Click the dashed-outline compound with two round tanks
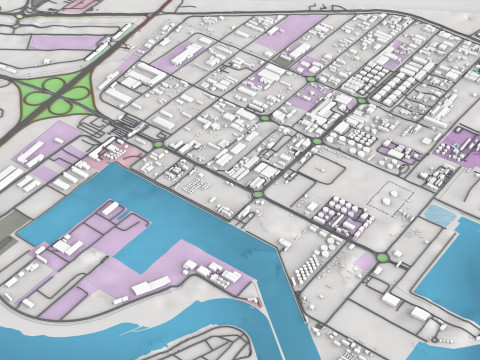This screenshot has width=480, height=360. coord(393,198)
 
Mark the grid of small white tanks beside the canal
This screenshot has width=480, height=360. coord(310,264)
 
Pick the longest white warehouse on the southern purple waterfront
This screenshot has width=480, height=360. coord(151,287)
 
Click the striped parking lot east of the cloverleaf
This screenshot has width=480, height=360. coord(127,125)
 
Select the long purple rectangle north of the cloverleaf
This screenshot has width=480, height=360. coord(66,42)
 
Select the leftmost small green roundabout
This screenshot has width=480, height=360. coord(158,145)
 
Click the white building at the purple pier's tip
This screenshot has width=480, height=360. coord(66,244)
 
